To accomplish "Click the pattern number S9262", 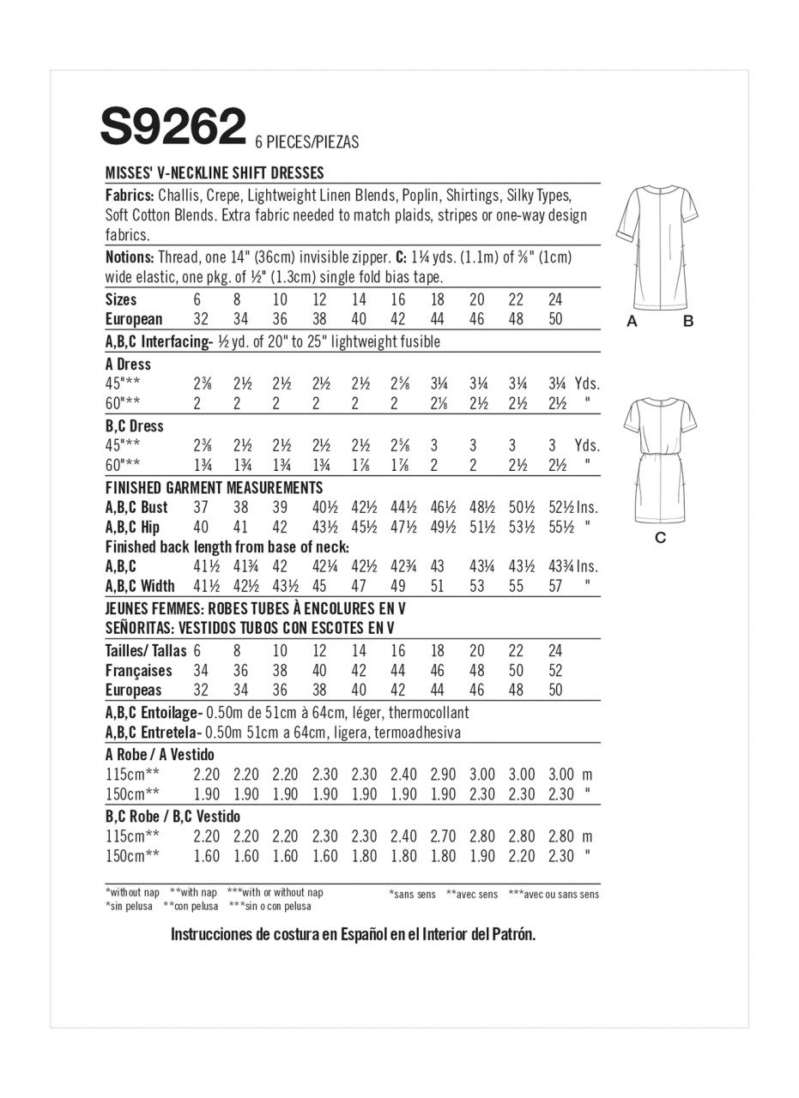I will tap(173, 128).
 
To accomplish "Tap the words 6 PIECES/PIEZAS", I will tap(306, 142).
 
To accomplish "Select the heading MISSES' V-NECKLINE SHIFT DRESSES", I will tap(215, 172).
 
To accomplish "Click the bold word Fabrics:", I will tap(130, 195).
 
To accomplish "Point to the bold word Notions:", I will tap(130, 256).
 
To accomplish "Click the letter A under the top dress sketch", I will tap(633, 322).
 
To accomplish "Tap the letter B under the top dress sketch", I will tap(687, 322).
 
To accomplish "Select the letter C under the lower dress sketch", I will tap(660, 538).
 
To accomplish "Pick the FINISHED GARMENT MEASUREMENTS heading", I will tap(214, 487).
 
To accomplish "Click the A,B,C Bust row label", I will tap(136, 507).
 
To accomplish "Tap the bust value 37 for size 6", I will tap(202, 507).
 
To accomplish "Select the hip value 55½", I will tap(560, 527).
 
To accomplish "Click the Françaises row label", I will tap(138, 670).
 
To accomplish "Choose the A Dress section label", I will tap(128, 364).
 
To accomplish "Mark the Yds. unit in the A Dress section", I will tap(587, 383).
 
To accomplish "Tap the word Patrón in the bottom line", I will tap(512, 934).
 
